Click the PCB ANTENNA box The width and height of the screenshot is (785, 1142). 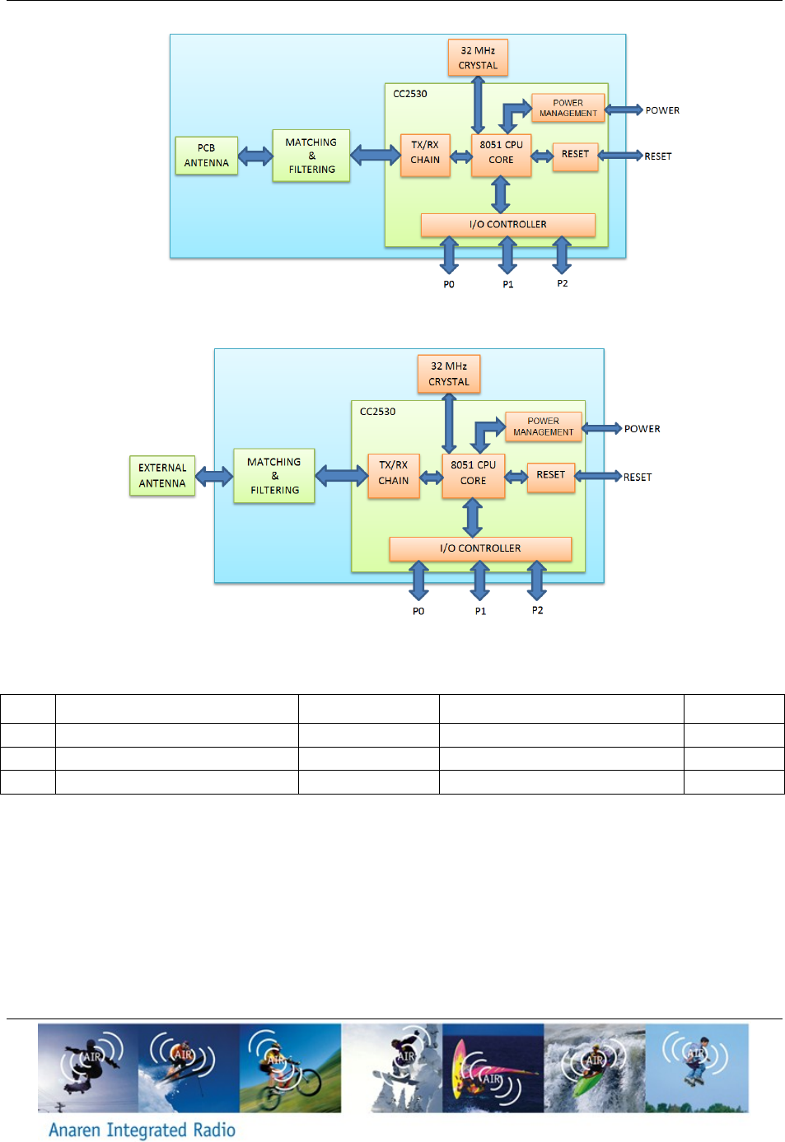tap(206, 156)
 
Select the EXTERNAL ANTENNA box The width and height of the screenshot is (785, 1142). tap(162, 476)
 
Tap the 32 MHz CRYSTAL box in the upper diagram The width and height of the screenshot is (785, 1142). tap(478, 58)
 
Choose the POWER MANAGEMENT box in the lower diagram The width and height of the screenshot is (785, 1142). tap(543, 427)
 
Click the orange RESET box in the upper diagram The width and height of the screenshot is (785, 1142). tap(575, 154)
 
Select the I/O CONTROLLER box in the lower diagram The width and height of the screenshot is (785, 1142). tap(480, 548)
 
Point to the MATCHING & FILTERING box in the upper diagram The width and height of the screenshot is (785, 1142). tap(311, 156)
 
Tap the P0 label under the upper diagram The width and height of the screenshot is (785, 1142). tap(449, 284)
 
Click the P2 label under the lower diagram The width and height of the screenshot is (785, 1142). tap(537, 610)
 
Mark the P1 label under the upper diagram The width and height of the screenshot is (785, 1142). tap(508, 284)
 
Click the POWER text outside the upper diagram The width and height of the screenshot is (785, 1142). tap(662, 110)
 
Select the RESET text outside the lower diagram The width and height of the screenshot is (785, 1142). tap(638, 477)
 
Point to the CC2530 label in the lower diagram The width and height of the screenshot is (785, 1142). tap(377, 412)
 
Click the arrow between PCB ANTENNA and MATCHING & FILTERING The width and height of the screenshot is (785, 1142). tap(255, 156)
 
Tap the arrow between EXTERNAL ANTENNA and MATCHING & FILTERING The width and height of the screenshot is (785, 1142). tap(214, 476)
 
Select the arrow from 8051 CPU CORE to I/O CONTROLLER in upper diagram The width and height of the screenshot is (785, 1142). tap(500, 195)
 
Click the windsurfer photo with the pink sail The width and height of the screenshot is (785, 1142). tap(493, 1068)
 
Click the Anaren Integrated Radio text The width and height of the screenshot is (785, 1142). tap(142, 1130)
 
